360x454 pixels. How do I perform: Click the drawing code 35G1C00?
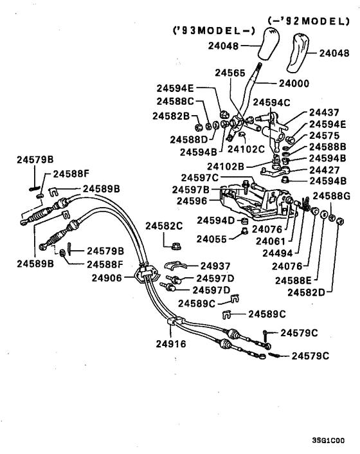tap(328, 440)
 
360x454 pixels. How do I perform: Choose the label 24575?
tap(325, 136)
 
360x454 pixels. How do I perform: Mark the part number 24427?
tap(325, 170)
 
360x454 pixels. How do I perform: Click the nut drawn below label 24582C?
tap(174, 245)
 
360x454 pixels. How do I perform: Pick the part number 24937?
tap(215, 266)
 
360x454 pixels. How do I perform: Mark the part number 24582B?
tap(171, 116)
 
